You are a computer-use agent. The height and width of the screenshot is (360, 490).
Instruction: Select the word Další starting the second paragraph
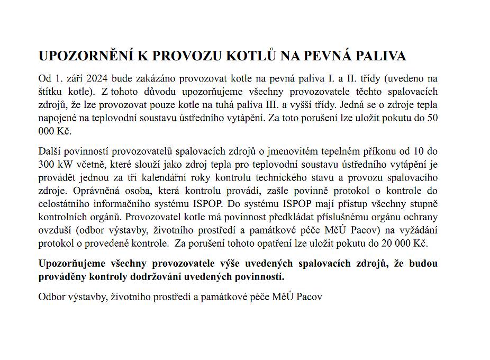coord(51,151)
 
